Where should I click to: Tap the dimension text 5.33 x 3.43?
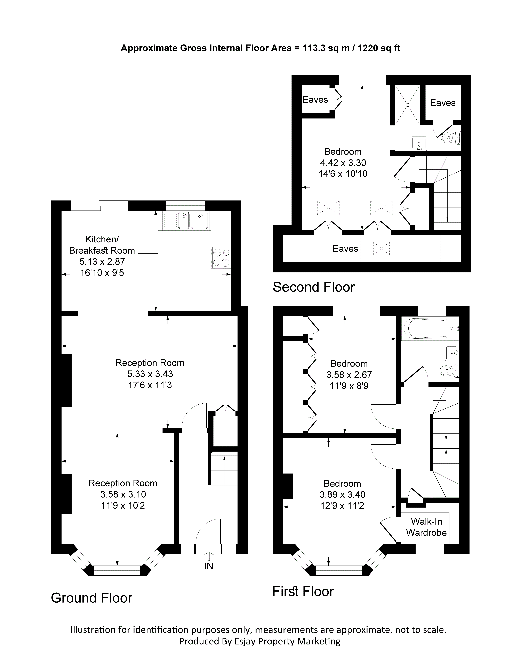150,374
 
